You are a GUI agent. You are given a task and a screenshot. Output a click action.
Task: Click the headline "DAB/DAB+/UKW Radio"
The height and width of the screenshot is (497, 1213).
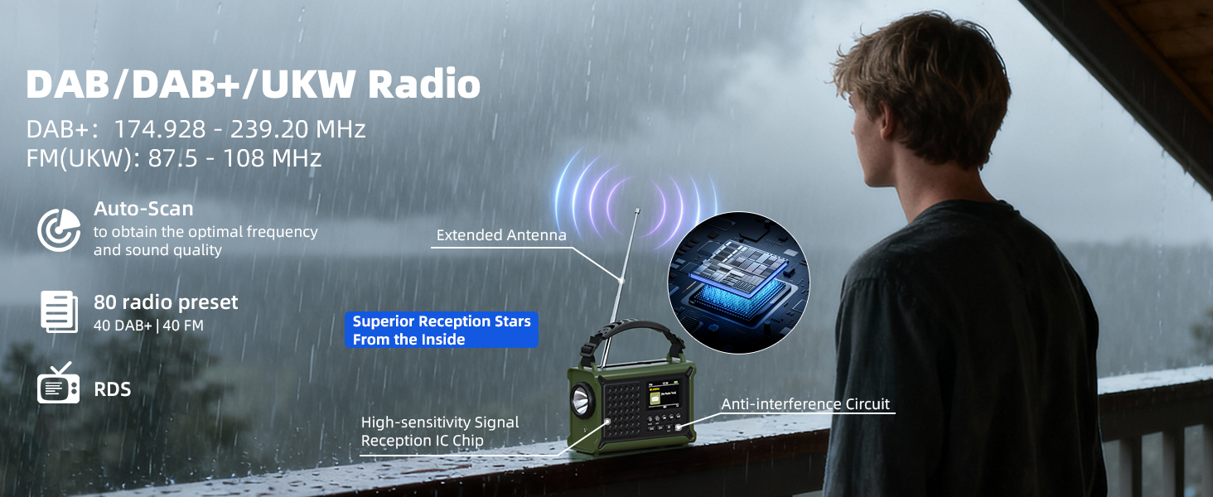(x=253, y=84)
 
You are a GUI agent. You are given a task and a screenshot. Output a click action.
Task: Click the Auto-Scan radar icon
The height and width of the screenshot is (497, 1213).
(x=59, y=229)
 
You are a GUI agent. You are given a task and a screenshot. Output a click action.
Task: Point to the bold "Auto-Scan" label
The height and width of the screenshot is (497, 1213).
(x=143, y=209)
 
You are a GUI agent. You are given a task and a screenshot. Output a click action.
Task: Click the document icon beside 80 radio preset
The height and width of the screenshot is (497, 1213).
(x=60, y=311)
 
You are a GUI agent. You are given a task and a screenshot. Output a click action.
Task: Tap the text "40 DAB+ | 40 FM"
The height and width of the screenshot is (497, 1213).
(x=148, y=326)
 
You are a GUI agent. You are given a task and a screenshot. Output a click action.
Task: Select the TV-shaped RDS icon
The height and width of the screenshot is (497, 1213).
(x=59, y=384)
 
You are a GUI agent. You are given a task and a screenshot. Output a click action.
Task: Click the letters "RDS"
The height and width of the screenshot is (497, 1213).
(x=113, y=388)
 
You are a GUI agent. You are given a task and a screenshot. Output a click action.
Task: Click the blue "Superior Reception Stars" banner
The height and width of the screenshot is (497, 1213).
(x=441, y=330)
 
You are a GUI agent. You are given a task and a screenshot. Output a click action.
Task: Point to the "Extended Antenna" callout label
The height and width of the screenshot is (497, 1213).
(x=501, y=235)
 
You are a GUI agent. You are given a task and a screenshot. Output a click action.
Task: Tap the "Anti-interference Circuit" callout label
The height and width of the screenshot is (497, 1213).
(x=805, y=404)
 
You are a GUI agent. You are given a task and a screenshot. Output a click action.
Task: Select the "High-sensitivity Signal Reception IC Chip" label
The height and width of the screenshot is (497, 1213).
(x=440, y=432)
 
